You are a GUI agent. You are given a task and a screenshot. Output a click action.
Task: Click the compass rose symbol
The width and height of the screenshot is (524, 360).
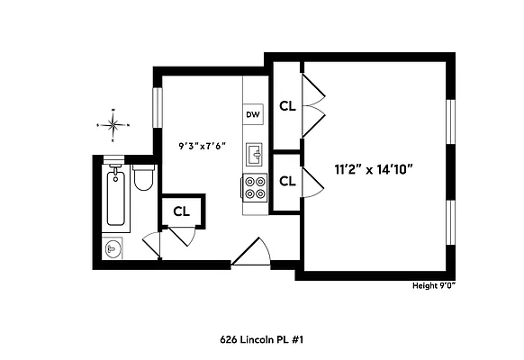click(x=113, y=124)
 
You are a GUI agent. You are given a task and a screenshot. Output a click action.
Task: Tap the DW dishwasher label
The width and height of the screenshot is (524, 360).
click(x=253, y=114)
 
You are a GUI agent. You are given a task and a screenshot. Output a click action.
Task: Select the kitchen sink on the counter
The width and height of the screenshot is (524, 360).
click(x=254, y=154)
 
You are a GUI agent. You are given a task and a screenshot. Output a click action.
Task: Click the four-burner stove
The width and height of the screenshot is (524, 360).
click(x=254, y=186)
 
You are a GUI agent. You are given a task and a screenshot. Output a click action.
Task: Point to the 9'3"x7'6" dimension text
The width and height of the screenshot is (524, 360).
click(x=202, y=145)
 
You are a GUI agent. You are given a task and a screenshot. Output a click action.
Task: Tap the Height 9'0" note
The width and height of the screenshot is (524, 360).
click(x=434, y=286)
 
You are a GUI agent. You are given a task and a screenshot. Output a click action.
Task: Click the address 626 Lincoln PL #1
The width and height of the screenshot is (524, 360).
click(x=262, y=340)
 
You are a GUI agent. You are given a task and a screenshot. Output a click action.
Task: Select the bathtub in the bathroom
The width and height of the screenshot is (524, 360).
click(x=114, y=196)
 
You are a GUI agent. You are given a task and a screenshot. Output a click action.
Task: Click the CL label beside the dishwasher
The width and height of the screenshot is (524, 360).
click(x=287, y=105)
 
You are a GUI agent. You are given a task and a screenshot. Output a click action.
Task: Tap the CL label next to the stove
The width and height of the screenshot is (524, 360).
click(x=287, y=181)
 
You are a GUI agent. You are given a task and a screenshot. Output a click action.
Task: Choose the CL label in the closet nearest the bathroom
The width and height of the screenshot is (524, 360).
click(x=182, y=211)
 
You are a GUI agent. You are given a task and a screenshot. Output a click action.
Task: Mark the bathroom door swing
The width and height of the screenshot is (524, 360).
click(x=152, y=242)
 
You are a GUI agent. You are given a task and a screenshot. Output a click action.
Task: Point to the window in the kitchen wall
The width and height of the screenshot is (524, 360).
click(x=158, y=109)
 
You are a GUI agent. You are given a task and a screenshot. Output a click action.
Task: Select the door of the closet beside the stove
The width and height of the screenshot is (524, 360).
click(x=312, y=181)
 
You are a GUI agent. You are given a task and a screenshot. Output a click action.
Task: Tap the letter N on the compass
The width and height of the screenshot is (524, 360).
click(x=113, y=110)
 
